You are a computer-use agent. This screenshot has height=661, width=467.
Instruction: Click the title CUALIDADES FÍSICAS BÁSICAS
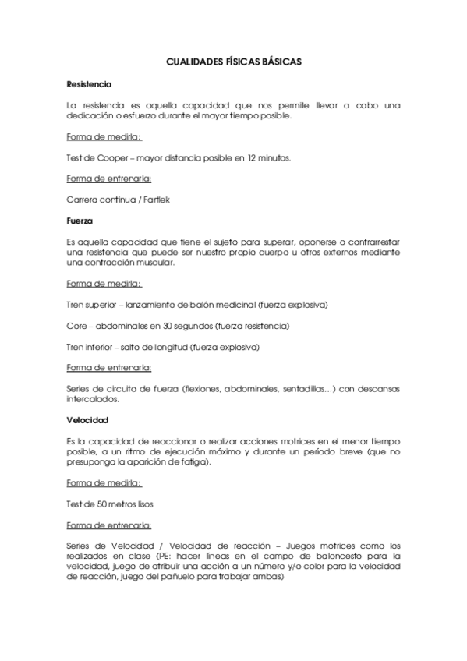point(234,60)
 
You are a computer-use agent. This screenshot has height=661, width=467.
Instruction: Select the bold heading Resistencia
point(90,83)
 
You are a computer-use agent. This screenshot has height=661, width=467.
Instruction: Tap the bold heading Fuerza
point(80,221)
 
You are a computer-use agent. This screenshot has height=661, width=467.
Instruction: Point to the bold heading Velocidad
point(87,420)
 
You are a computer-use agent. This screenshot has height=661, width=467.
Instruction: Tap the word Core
point(77,326)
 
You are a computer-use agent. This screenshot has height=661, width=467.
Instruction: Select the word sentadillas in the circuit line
point(306,389)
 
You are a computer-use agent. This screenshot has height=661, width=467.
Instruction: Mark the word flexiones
point(206,389)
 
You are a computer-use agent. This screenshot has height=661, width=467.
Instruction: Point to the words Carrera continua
point(99,200)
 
